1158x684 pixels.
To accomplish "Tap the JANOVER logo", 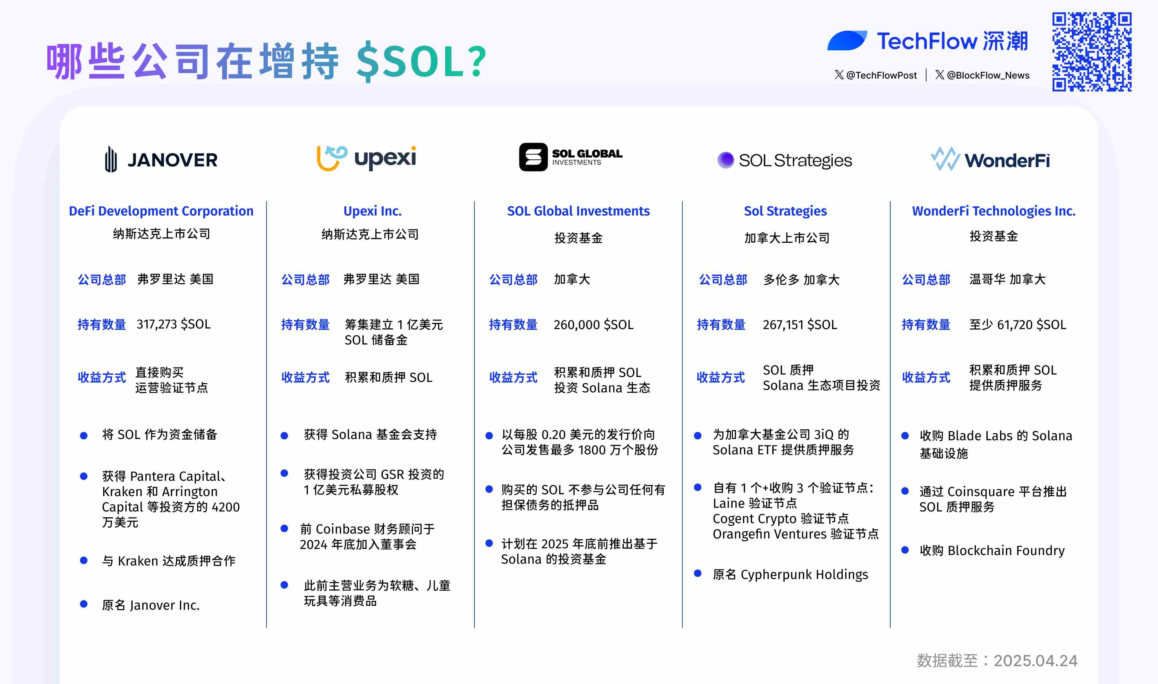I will [x=161, y=159].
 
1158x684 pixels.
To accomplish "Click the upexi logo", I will [x=366, y=158].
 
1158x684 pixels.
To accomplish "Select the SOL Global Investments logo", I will [x=570, y=157].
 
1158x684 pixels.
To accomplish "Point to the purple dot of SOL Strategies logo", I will [x=725, y=160].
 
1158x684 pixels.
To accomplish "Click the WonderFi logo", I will [x=990, y=159].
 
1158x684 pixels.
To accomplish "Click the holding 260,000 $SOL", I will [x=593, y=325].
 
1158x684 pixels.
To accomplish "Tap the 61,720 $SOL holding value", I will [x=1031, y=325].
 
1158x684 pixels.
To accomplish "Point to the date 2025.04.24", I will [x=1035, y=660].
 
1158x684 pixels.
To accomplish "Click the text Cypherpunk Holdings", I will [x=803, y=574].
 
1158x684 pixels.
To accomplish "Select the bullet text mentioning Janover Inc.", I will [x=151, y=605].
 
